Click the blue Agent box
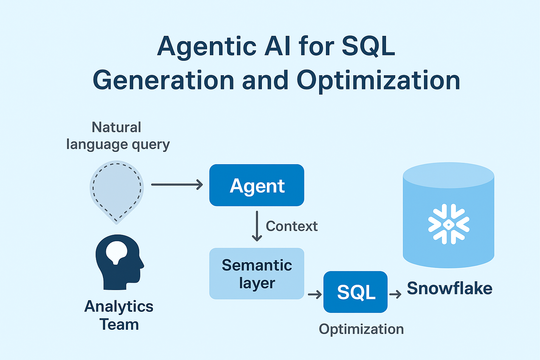[257, 185]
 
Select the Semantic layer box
[257, 274]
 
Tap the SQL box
[355, 292]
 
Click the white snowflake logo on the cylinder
[449, 224]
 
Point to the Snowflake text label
[449, 288]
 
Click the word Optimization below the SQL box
[361, 329]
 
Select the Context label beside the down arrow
[291, 226]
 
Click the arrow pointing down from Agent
[257, 226]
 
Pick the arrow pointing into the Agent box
[177, 184]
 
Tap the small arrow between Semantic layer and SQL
[315, 294]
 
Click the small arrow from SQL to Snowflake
[396, 294]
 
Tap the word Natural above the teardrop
[116, 127]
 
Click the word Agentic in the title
[207, 47]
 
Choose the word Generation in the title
[163, 81]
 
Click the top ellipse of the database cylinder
[449, 175]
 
